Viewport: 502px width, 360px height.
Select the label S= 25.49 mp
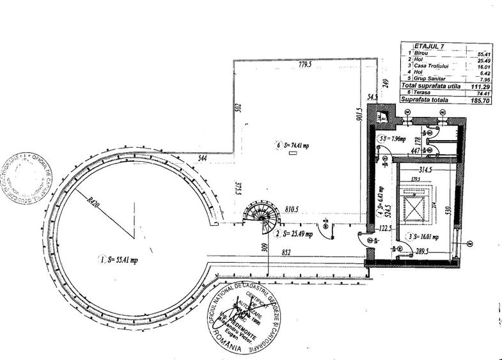click(x=299, y=233)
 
